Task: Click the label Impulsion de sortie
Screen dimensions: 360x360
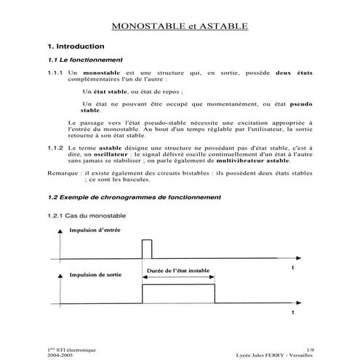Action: point(95,276)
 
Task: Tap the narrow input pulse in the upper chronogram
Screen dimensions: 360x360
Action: point(146,248)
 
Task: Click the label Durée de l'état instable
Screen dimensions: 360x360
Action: point(177,271)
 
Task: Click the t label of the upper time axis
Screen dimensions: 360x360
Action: point(292,268)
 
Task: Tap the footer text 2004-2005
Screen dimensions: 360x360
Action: point(60,355)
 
